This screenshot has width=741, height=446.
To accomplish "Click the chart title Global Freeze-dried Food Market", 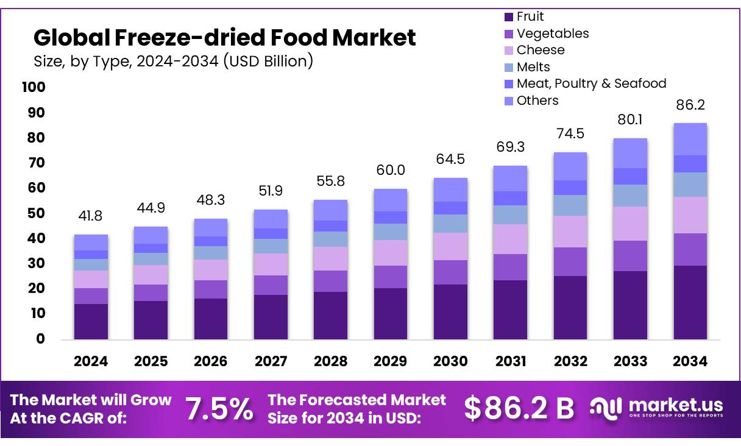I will (224, 38).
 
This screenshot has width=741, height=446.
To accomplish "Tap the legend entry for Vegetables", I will (552, 34).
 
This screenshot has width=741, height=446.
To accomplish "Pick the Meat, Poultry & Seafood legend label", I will (590, 83).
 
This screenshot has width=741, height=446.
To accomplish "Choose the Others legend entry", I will (537, 101).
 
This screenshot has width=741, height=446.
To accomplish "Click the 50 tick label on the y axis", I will (37, 213).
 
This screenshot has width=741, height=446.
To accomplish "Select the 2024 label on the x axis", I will (91, 361).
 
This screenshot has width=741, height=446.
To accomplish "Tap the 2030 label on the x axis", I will (450, 361).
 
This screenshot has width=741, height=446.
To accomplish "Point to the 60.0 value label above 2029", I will (390, 170).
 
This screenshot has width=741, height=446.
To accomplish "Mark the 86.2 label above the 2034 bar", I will (690, 105).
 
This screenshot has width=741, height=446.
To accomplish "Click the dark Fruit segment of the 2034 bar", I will (690, 302).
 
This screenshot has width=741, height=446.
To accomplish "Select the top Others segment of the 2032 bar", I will (570, 166).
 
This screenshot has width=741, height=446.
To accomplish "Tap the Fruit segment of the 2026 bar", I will (210, 319).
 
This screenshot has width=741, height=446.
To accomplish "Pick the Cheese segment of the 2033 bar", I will (630, 224).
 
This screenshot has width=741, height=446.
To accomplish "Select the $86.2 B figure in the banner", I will (519, 409).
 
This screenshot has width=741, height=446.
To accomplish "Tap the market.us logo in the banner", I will (656, 407).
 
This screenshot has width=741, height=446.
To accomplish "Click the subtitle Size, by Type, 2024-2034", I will (173, 61).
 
